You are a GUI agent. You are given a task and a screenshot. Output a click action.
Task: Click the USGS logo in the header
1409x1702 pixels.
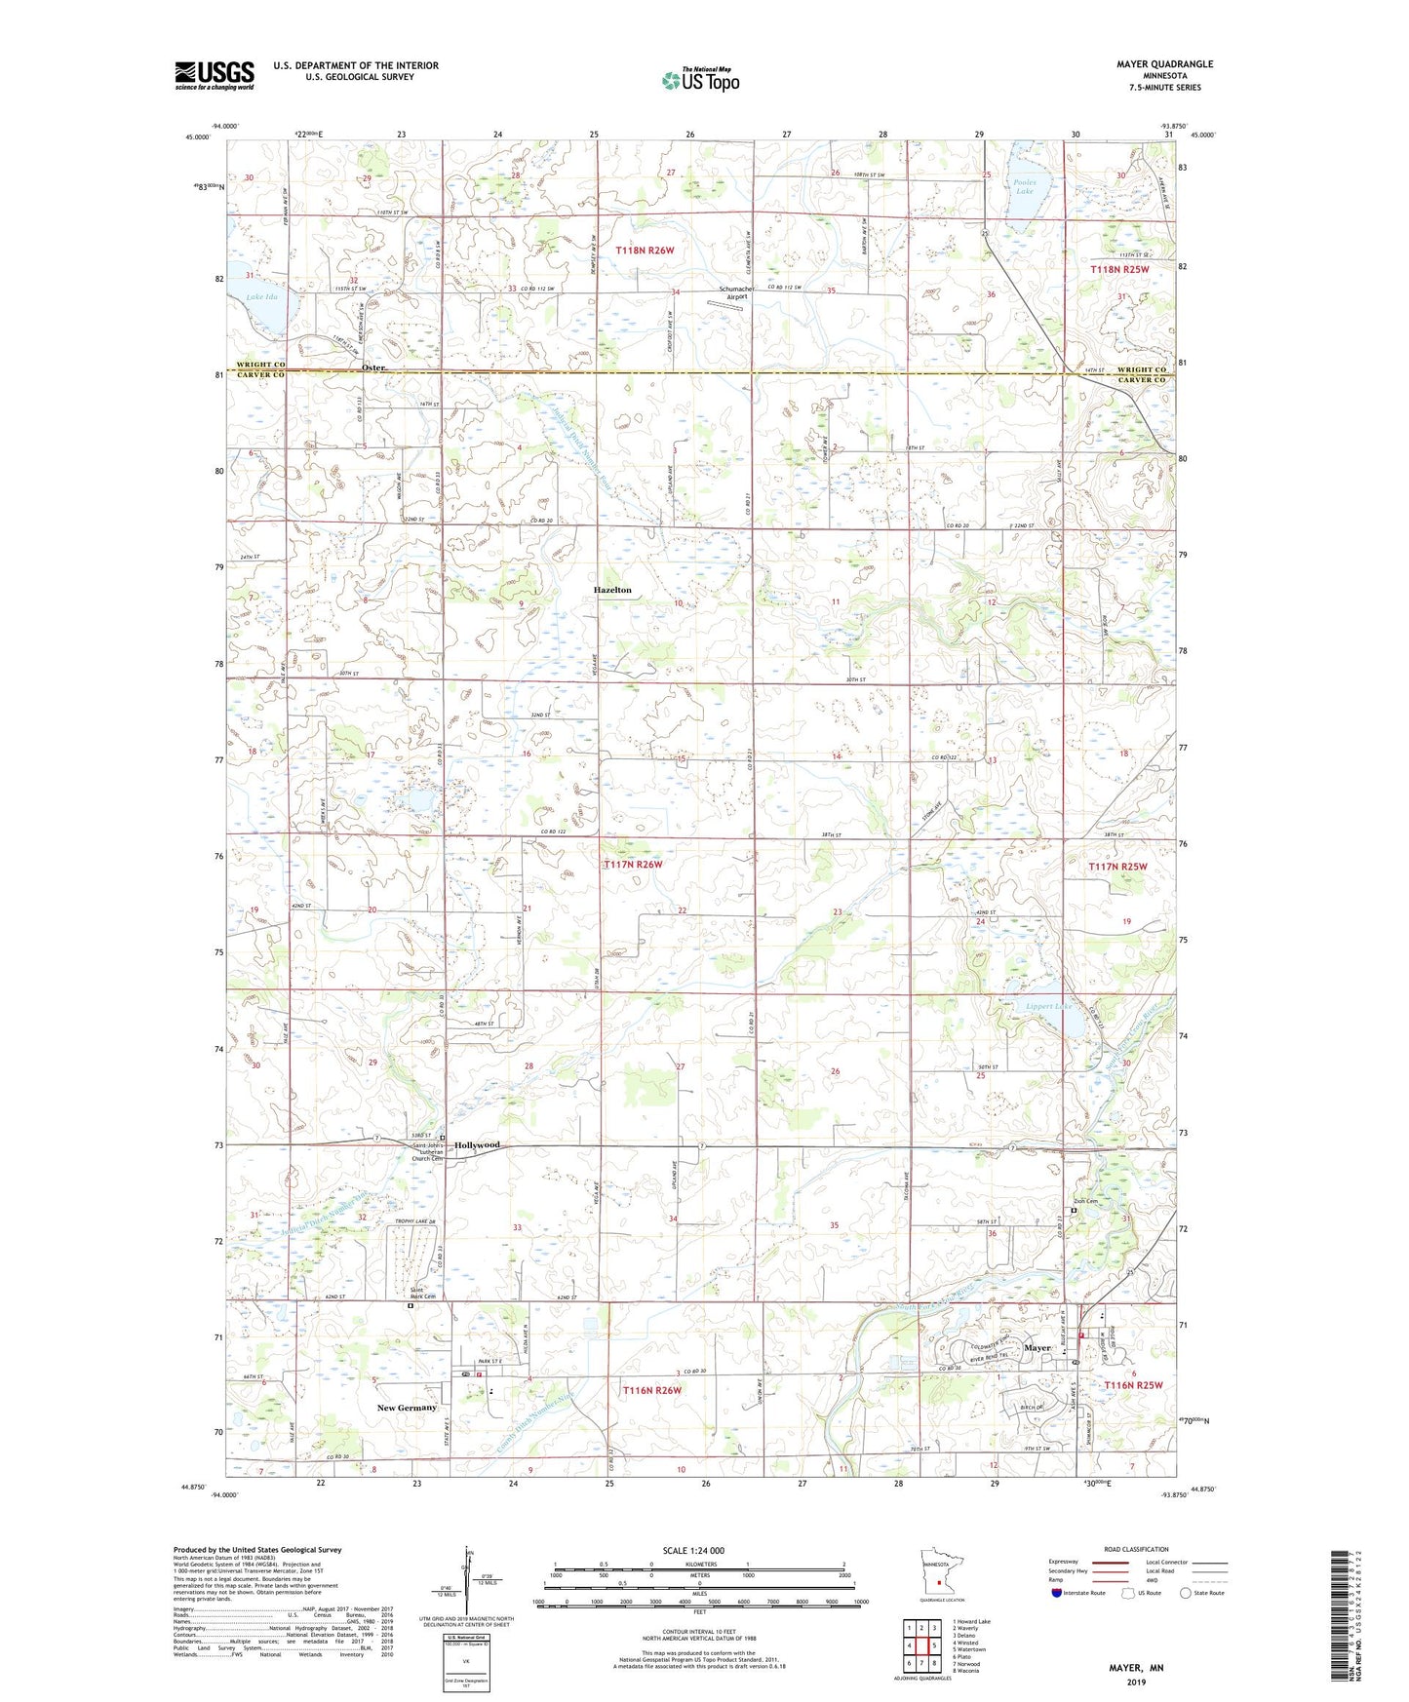coord(215,75)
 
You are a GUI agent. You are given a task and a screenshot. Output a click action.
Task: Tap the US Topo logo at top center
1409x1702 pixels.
coord(699,79)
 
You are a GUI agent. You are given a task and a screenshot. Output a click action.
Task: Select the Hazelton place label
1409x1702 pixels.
coord(613,590)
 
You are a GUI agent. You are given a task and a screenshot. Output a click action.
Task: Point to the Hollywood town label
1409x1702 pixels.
coord(477,1144)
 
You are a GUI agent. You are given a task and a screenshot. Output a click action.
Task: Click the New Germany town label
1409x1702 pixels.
coord(407,1408)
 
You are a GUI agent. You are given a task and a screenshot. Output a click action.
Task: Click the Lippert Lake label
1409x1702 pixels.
coord(1049,1007)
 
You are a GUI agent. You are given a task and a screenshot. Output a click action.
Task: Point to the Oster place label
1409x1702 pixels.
coord(373,367)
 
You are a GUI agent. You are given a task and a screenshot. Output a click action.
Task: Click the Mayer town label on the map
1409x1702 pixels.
coord(1037,1348)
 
